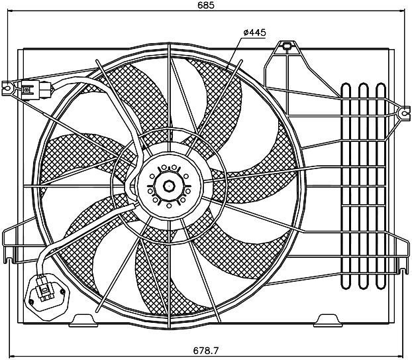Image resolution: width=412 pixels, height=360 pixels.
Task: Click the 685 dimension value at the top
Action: (x=206, y=5)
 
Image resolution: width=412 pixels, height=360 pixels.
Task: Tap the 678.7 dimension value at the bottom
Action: (x=206, y=351)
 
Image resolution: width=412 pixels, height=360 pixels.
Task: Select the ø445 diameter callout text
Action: (x=254, y=32)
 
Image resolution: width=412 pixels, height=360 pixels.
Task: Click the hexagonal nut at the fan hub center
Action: (x=169, y=186)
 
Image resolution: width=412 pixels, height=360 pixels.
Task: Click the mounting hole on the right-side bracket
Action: (x=404, y=114)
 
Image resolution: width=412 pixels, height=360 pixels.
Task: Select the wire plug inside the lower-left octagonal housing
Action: (x=44, y=289)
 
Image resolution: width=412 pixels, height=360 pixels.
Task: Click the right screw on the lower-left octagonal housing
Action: (x=62, y=292)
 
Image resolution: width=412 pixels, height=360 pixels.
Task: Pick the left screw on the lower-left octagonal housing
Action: (x=31, y=302)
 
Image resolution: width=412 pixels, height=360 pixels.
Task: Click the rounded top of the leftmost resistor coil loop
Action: (x=346, y=86)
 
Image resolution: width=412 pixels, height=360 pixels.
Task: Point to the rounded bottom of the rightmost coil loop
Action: (x=381, y=286)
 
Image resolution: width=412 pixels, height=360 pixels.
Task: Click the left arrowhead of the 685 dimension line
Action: (x=10, y=11)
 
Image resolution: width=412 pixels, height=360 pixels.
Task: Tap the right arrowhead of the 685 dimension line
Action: (x=402, y=11)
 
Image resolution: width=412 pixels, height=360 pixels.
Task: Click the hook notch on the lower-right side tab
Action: (x=402, y=271)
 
